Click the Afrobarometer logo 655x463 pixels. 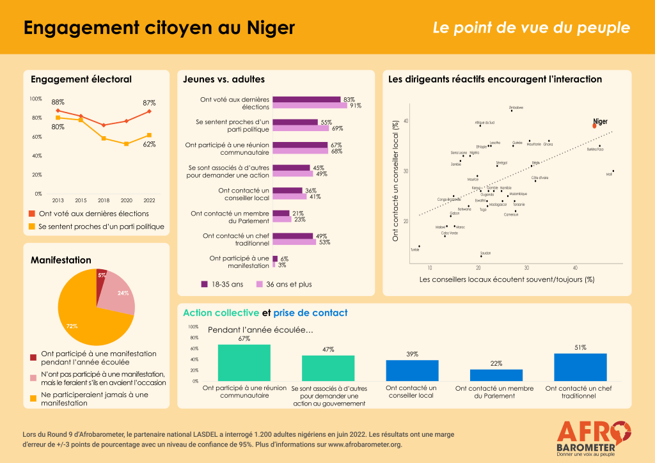(x=595, y=437)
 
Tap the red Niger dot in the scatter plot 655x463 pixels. (x=594, y=126)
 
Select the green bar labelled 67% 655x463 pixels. (x=244, y=363)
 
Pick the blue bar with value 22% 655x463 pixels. (x=496, y=375)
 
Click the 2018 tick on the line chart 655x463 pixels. (x=104, y=200)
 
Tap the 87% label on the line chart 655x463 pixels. (x=149, y=102)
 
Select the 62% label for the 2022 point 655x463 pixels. (x=149, y=145)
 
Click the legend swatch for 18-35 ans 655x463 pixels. (x=205, y=284)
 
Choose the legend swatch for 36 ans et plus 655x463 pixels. (x=260, y=284)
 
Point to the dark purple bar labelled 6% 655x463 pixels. (x=275, y=258)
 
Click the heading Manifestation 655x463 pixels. (x=61, y=260)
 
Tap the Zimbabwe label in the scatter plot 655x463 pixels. (x=516, y=108)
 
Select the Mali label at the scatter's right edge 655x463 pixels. (x=609, y=174)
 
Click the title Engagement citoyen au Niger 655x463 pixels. (x=159, y=27)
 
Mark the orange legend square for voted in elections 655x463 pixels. (x=33, y=214)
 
